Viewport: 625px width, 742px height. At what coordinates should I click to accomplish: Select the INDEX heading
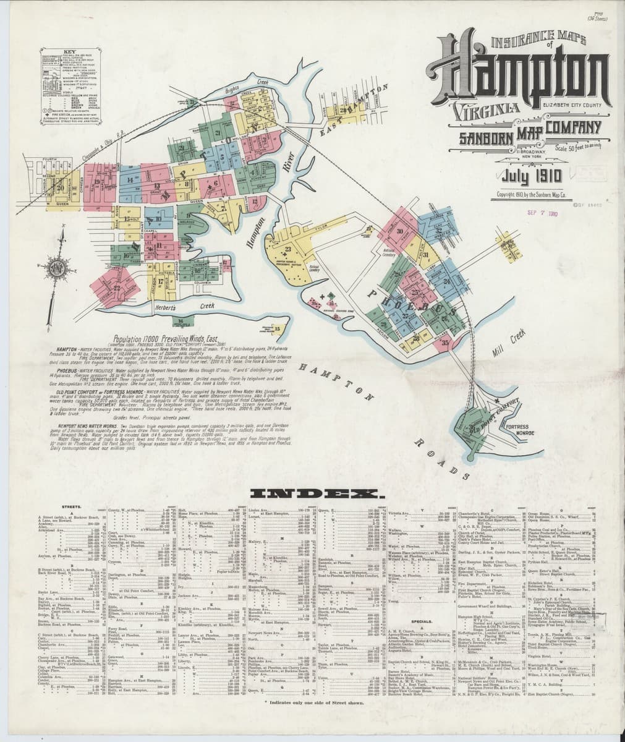coord(316,494)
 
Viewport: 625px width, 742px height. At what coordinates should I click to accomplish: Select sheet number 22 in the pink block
coord(116,288)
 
